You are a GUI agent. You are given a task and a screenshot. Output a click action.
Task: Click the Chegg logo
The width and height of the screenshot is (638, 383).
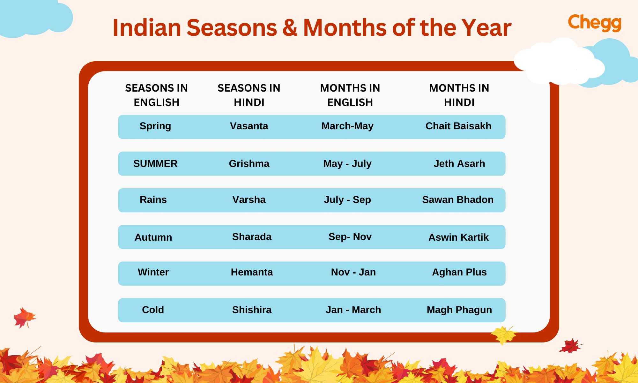[595, 23]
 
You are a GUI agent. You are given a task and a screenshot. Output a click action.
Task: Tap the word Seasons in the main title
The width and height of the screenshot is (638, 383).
[232, 28]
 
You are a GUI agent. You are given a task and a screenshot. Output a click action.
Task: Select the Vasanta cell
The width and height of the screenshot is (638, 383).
[249, 126]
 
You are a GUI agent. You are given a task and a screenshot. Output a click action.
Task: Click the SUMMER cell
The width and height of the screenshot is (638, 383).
[155, 164]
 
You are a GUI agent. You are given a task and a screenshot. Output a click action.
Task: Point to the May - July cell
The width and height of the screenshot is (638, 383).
[347, 164]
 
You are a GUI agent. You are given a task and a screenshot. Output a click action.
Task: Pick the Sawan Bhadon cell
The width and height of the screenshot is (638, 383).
[458, 200]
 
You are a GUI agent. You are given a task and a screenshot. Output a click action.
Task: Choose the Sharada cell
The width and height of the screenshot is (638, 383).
[252, 237]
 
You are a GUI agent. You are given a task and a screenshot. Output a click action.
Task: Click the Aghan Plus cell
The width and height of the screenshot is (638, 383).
[459, 272]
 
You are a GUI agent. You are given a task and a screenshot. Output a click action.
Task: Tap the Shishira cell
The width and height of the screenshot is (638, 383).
[252, 310]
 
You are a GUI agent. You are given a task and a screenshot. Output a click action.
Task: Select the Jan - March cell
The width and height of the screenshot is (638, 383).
[353, 310]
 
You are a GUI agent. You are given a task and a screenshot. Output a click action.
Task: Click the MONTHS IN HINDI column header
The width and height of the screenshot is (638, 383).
[459, 95]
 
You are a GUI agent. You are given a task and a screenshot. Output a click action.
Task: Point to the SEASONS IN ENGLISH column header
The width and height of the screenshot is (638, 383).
[156, 95]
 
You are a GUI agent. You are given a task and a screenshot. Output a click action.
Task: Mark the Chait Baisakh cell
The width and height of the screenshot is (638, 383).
[458, 126]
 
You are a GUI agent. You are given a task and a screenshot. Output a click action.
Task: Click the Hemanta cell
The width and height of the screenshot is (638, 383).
[252, 272]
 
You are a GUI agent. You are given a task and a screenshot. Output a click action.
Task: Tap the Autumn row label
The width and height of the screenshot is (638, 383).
[153, 237]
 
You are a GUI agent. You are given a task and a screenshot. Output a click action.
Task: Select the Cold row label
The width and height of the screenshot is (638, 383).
[153, 310]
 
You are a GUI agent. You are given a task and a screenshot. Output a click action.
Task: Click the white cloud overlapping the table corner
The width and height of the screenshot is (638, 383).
[558, 62]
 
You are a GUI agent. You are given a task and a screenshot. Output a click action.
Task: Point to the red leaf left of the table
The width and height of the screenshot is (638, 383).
[24, 317]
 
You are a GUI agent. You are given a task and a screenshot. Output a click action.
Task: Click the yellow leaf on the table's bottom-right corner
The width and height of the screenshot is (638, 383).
[504, 335]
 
